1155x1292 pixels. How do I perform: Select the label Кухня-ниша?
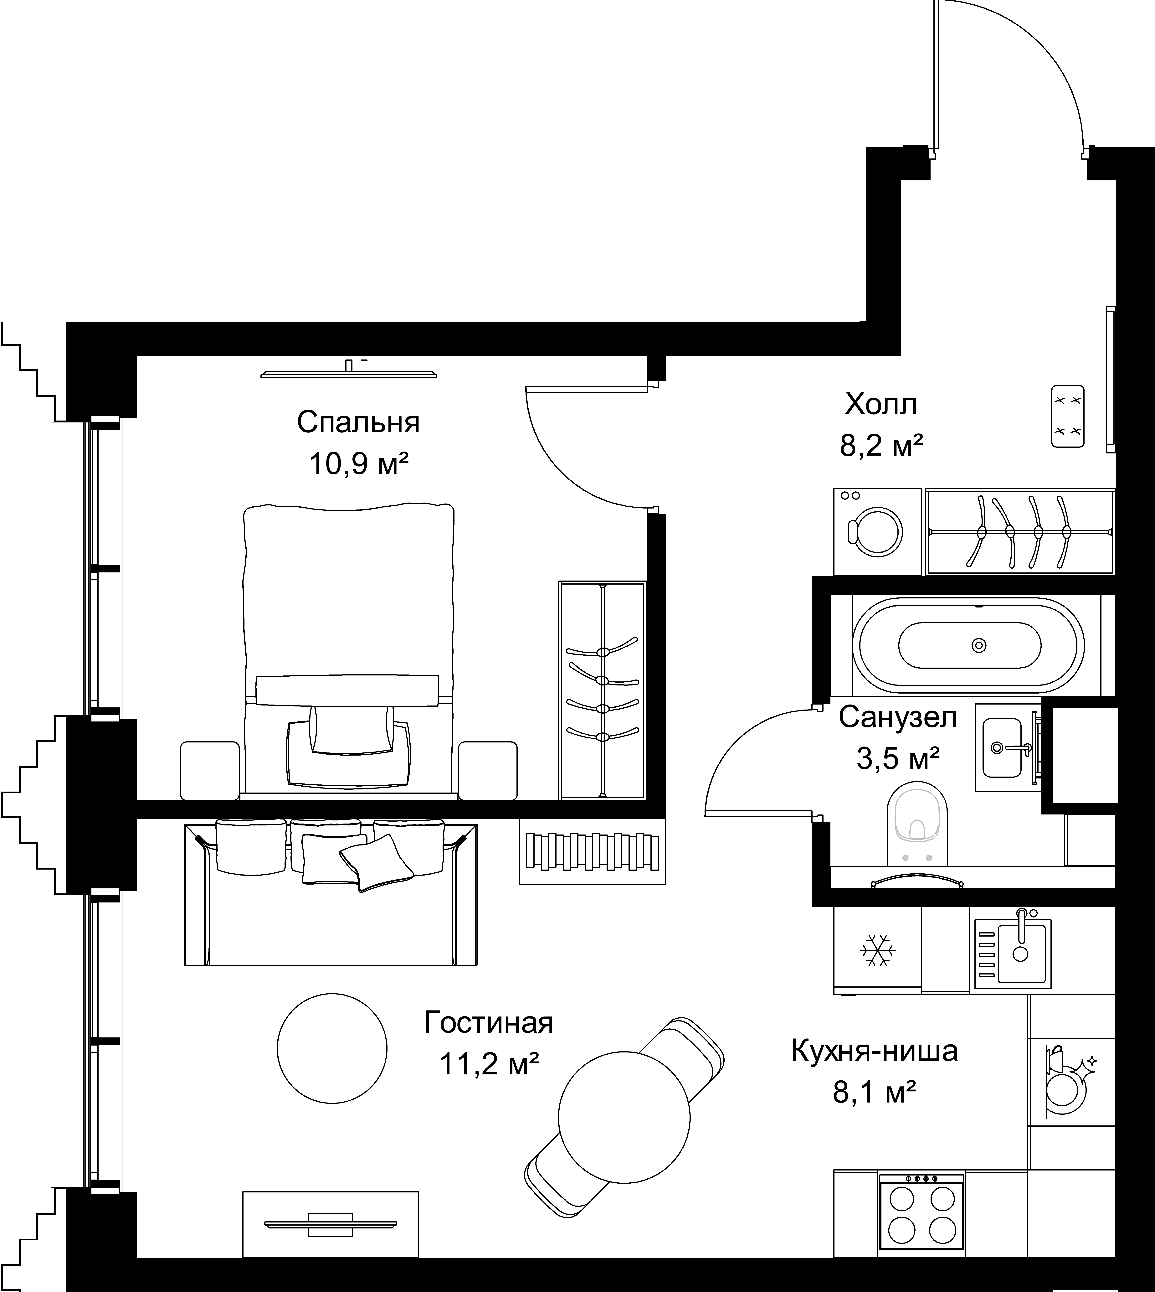pyautogui.click(x=875, y=1051)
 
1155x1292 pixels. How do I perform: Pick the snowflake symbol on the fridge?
pyautogui.click(x=878, y=950)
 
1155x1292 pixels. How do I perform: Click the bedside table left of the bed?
pyautogui.click(x=210, y=771)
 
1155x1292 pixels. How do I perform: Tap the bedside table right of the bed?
pyautogui.click(x=487, y=771)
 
